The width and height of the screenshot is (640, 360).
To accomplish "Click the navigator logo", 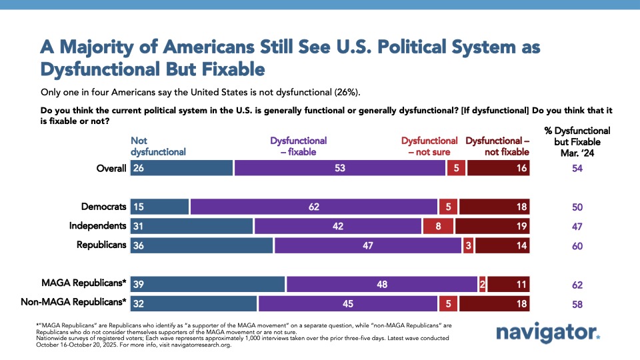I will click(x=548, y=333).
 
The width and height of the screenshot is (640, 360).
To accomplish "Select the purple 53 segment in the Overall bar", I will click(x=339, y=168).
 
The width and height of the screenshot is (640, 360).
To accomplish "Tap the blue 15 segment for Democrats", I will click(x=160, y=207).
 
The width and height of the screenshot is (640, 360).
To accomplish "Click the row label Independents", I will click(x=97, y=226).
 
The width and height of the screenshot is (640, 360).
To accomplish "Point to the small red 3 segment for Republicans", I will click(x=468, y=245).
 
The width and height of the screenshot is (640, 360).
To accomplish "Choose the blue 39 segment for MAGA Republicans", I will click(x=208, y=285).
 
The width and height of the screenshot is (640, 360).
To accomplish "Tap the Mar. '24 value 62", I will click(x=577, y=285).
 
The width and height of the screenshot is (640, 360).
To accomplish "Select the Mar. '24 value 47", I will click(x=577, y=226).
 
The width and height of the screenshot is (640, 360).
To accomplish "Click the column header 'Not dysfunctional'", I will click(x=158, y=146).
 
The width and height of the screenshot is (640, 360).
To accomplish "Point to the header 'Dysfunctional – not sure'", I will click(x=429, y=146).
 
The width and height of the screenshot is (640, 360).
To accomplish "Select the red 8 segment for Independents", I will click(x=439, y=226).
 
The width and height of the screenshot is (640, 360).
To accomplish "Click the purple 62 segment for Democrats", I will click(x=313, y=207).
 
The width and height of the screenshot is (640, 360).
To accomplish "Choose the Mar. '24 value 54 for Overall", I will click(x=577, y=168).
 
